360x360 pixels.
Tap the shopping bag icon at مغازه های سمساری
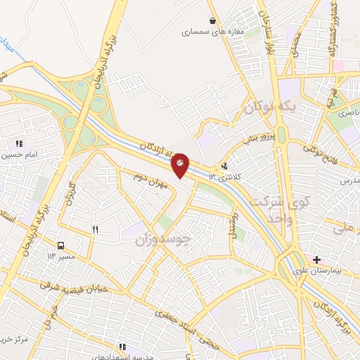click(x=213, y=20)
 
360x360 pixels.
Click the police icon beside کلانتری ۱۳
click(x=224, y=167)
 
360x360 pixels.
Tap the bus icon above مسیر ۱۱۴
click(x=61, y=246)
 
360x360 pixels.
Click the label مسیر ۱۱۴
click(x=60, y=257)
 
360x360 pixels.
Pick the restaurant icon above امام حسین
click(x=20, y=143)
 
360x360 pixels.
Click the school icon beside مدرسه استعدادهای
click(x=122, y=347)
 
